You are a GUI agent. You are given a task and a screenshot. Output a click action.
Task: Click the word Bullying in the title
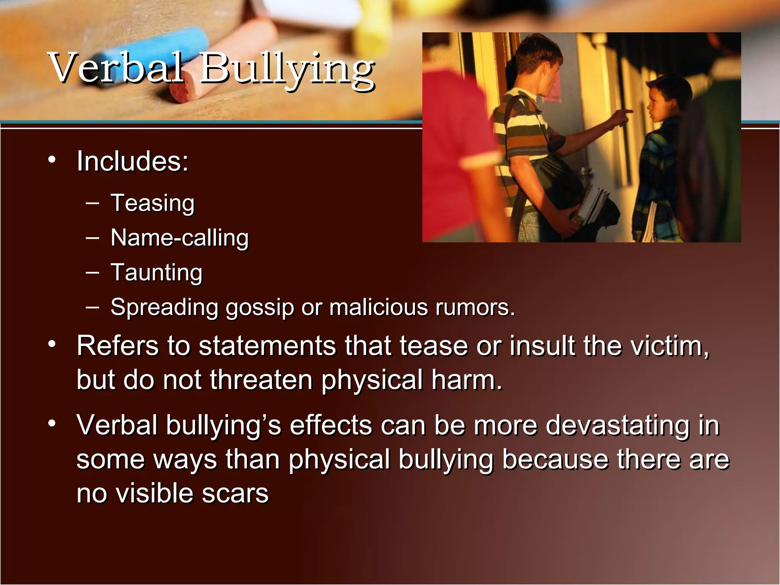[288, 70]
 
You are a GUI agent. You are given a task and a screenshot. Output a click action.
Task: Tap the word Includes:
[133, 161]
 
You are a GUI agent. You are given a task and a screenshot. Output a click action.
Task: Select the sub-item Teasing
[152, 203]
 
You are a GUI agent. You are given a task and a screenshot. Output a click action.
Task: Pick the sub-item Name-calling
[179, 238]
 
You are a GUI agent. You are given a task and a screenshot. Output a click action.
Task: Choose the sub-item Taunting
[156, 273]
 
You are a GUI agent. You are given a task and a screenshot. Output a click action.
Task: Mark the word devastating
[617, 425]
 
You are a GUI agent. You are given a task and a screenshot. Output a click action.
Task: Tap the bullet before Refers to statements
[52, 344]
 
